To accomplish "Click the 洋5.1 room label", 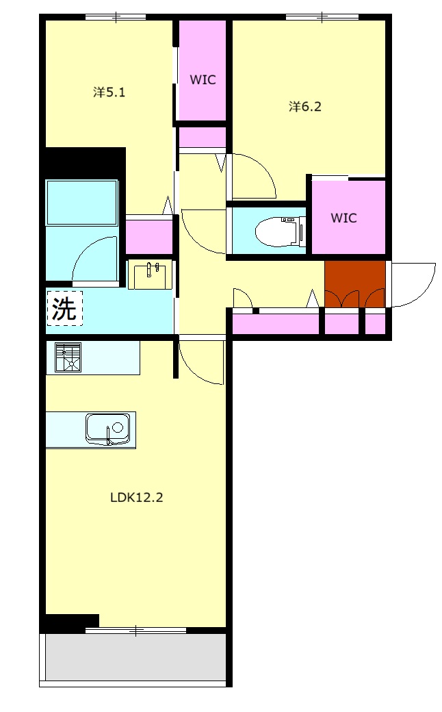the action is [x=109, y=92].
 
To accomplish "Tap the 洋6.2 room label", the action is [x=305, y=107].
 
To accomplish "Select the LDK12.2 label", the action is [x=137, y=497].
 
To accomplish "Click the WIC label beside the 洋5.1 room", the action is [x=203, y=80].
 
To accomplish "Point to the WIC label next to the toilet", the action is [x=343, y=218].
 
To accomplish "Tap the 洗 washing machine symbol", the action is [x=64, y=308].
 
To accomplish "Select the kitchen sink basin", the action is [x=107, y=429].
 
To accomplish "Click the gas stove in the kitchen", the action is [x=68, y=357].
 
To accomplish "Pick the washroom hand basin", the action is [x=151, y=275].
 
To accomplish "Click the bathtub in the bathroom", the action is [x=81, y=203].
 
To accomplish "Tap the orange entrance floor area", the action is [x=355, y=284].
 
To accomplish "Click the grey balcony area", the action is [x=135, y=657].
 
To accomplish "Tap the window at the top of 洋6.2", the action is [x=322, y=18].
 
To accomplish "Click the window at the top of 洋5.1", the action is [x=116, y=18].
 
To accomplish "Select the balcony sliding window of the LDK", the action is [x=135, y=631].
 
